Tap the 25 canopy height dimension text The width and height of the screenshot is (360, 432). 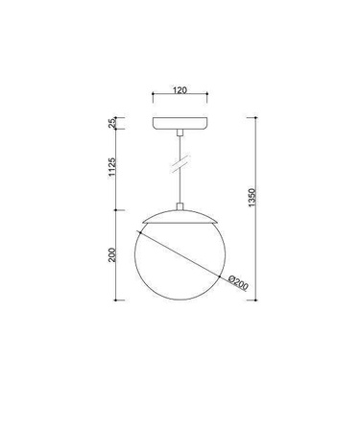click(112, 123)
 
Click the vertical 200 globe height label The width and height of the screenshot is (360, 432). click(112, 254)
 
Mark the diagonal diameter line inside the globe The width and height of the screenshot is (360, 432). click(182, 251)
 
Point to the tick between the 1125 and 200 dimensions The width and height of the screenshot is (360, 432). click(119, 209)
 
